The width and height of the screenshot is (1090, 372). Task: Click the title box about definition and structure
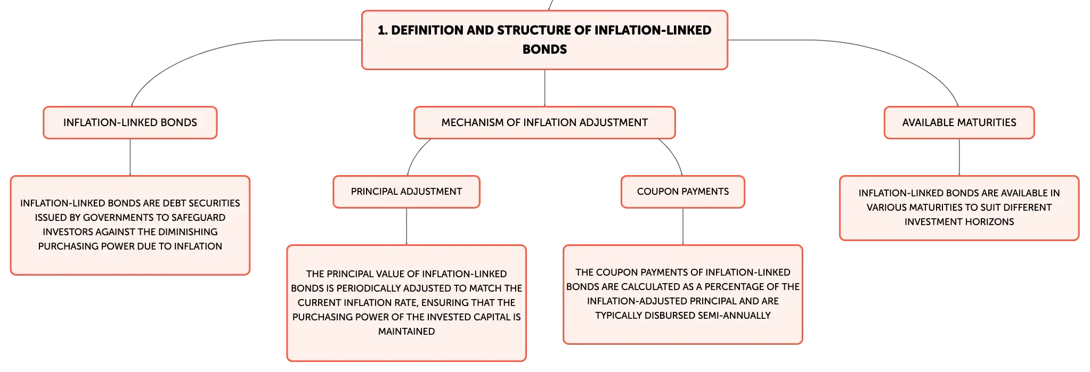[544, 40]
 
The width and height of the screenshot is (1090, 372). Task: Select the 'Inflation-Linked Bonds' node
[130, 122]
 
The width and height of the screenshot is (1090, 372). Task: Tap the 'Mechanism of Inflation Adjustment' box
[544, 122]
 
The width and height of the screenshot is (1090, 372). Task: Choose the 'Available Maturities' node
[959, 122]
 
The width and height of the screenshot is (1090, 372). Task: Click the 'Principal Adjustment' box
[406, 192]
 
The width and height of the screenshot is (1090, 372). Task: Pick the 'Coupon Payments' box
[683, 192]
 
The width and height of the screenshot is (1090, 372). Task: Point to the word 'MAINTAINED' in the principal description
[406, 332]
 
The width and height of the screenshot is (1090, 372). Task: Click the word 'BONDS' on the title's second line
[544, 49]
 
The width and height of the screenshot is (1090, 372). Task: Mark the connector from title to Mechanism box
[544, 88]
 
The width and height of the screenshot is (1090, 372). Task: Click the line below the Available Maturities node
[959, 157]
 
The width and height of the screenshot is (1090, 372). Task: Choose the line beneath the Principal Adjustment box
[406, 226]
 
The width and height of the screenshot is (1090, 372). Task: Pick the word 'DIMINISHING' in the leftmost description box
[184, 232]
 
